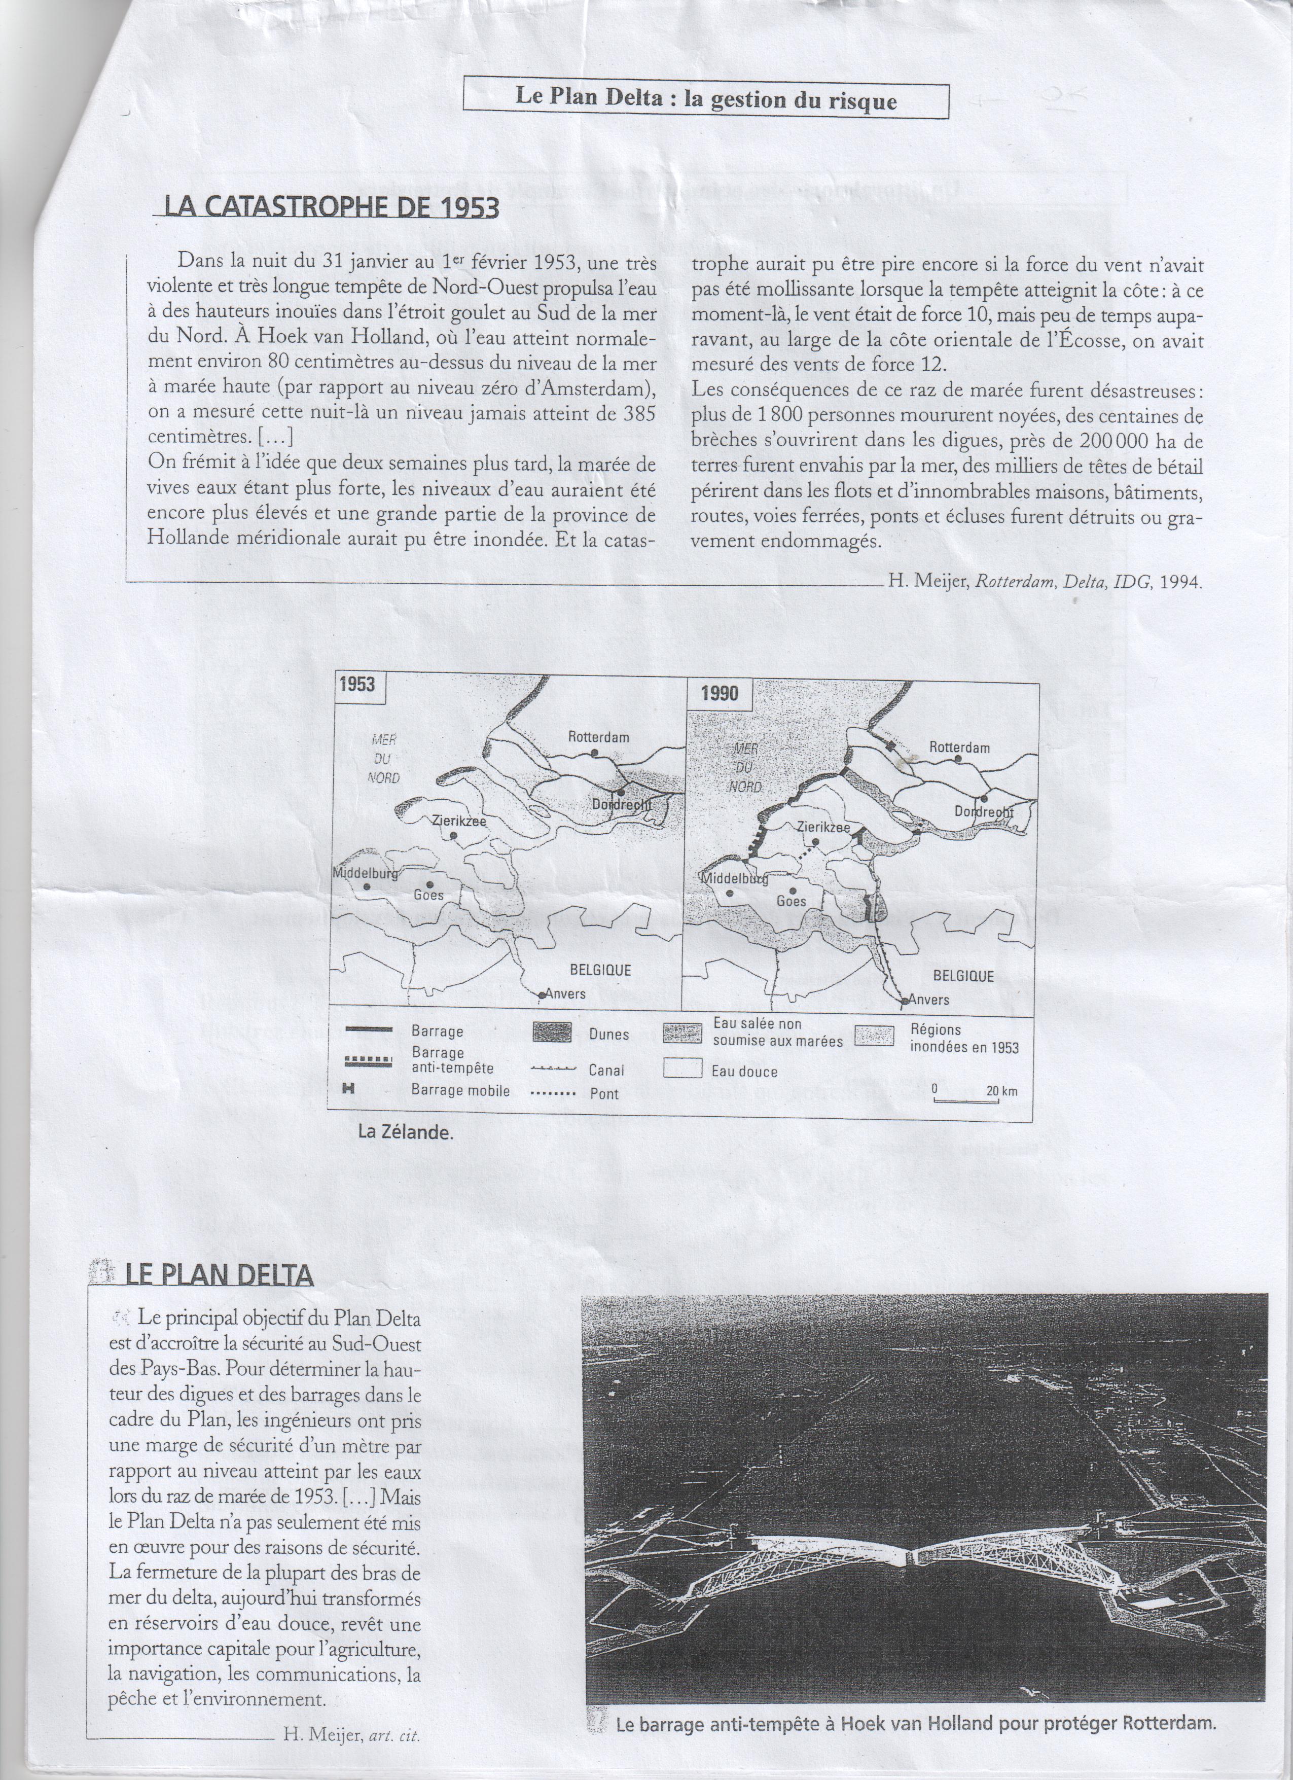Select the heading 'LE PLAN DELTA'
pos(219,1273)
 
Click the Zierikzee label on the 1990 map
pos(823,827)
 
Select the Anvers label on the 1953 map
pos(565,993)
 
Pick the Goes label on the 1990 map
pos(791,902)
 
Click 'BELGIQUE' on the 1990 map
pos(963,976)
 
